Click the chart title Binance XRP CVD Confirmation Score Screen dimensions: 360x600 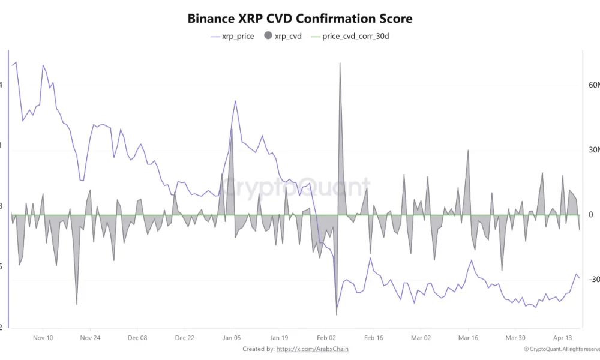point(299,18)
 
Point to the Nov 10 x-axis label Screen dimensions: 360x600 point(43,338)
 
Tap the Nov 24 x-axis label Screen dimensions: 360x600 point(90,338)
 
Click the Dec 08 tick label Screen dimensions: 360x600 point(137,338)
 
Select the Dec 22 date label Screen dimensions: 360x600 point(185,338)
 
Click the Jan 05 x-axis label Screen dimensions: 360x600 point(232,338)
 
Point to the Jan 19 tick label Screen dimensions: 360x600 point(279,338)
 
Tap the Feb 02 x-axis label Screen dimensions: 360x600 point(326,338)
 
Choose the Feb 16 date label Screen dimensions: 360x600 point(374,338)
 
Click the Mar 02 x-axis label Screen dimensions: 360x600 point(421,338)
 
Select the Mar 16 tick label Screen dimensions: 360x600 point(468,338)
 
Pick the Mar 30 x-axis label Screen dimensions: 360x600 point(515,338)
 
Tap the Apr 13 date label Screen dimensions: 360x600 point(563,338)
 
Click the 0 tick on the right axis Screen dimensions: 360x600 point(591,215)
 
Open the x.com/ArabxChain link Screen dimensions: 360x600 point(312,349)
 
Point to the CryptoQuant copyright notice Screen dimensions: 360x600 point(561,349)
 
